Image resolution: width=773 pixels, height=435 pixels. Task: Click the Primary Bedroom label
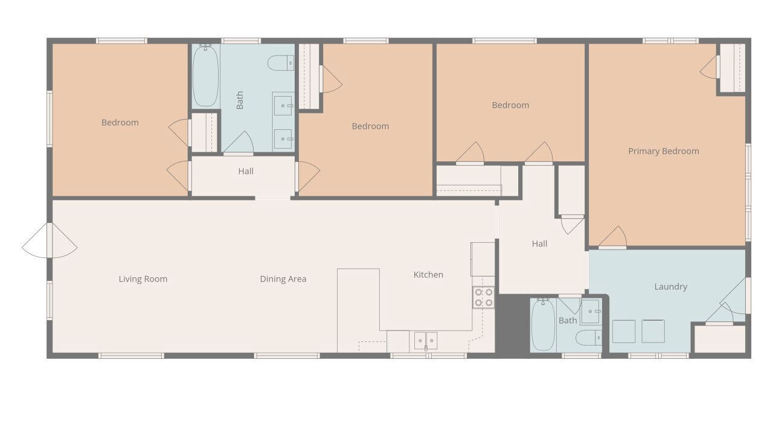point(663,151)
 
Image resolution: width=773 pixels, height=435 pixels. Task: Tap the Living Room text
point(143,279)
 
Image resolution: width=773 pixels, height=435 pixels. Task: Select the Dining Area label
point(283,279)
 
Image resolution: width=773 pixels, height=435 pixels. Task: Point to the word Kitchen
point(428,275)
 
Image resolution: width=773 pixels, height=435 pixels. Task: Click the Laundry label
point(670,286)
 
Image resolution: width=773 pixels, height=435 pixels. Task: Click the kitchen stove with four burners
point(484,297)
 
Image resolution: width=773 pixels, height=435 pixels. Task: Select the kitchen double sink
point(426,341)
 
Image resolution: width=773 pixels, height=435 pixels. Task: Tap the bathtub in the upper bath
point(205,76)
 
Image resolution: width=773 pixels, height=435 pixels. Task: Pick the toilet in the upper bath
point(281,63)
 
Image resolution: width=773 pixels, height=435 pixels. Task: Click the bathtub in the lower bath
point(543,325)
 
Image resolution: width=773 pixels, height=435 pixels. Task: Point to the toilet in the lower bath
point(589,338)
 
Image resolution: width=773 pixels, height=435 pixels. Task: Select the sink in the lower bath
point(591,311)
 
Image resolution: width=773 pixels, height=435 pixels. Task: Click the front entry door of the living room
point(50,240)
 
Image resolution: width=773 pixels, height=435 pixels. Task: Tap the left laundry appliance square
point(624,332)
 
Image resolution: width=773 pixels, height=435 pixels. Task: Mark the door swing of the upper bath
point(239,142)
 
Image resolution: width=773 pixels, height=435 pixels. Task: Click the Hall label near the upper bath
point(246,171)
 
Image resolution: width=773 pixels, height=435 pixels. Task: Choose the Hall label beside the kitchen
point(539,243)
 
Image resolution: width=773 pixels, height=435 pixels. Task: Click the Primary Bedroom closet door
point(709,67)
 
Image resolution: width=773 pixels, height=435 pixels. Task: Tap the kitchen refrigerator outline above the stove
point(483,259)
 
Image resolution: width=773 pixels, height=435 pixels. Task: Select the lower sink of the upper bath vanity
point(283,139)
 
